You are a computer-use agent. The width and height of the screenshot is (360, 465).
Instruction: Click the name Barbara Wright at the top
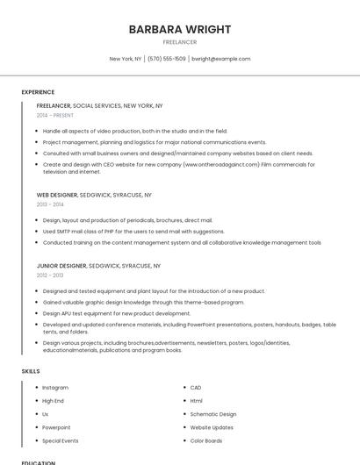point(180,29)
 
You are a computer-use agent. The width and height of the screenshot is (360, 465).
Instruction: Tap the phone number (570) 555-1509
point(167,59)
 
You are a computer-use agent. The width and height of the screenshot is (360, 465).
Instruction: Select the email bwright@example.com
point(221,59)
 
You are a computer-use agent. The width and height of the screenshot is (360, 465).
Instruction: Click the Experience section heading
point(38,92)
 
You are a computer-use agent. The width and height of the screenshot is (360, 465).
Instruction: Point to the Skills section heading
point(31,371)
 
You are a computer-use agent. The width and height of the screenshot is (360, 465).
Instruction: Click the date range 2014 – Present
point(55,115)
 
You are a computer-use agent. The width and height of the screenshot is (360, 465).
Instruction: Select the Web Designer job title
point(57,195)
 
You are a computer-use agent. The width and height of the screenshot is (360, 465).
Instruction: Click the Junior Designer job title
point(61,265)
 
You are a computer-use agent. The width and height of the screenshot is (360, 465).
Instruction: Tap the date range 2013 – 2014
point(50,204)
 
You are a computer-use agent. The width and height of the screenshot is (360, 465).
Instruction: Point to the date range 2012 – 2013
point(50,275)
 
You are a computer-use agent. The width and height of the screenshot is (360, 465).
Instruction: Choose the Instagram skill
point(55,388)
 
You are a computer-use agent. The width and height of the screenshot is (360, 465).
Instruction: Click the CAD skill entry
point(196,388)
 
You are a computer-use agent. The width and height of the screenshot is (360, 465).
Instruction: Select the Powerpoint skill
point(55,427)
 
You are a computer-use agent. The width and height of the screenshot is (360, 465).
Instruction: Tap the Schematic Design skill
point(213,414)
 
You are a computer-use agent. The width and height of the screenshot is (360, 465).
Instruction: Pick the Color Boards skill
point(206,440)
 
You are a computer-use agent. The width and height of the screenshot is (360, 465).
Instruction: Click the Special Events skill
point(61,440)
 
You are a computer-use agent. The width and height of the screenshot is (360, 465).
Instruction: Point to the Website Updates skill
point(212,427)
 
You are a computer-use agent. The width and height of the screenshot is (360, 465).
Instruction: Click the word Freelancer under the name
point(180,42)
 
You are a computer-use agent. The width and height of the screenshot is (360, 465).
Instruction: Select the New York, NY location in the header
point(126,59)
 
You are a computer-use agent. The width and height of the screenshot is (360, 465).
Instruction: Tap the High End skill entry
point(53,401)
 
